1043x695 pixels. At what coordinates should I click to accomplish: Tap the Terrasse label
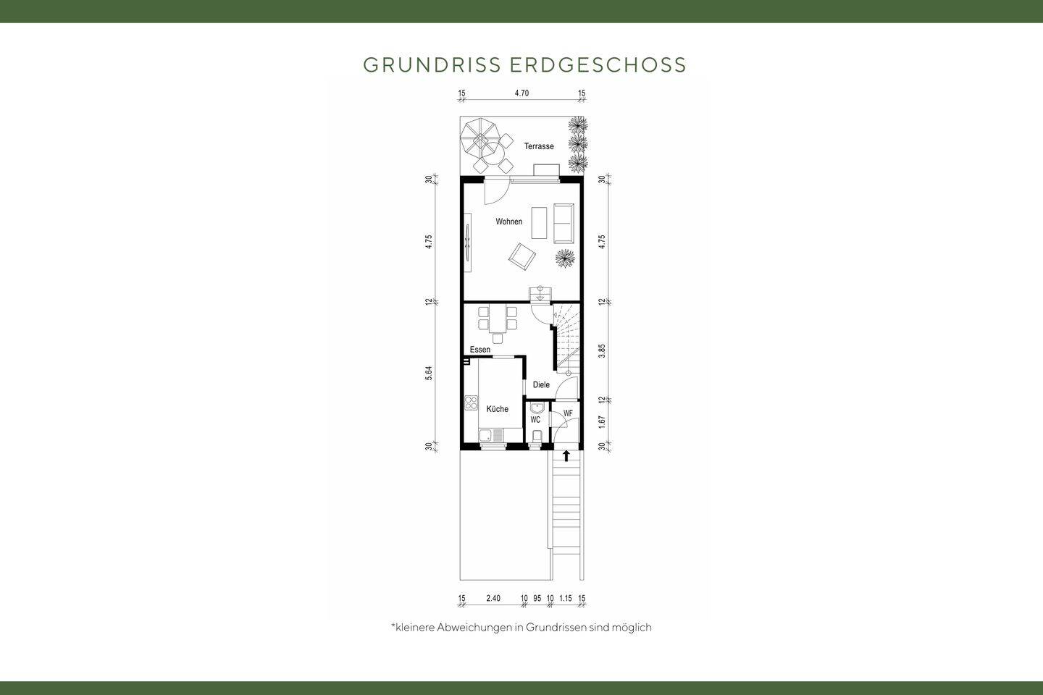tap(539, 146)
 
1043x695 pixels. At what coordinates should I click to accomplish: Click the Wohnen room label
tap(508, 222)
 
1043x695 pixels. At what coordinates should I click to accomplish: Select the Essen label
tap(479, 350)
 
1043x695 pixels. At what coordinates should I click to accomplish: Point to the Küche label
tap(497, 409)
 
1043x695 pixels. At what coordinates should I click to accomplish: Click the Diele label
tap(541, 385)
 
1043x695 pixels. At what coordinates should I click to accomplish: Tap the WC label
tap(535, 420)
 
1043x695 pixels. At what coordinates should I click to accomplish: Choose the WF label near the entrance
tap(568, 413)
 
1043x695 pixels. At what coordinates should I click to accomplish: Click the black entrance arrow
tap(566, 455)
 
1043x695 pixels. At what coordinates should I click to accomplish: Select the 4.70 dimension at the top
tap(521, 93)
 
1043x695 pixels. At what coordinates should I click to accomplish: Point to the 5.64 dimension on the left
tap(429, 373)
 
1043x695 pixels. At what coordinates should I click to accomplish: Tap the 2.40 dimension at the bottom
tap(493, 598)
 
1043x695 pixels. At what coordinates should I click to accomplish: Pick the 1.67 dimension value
tap(602, 422)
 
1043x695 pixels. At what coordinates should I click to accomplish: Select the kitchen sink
tap(498, 435)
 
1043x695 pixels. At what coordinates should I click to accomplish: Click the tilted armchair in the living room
tap(521, 255)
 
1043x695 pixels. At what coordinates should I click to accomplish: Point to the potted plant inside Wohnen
tap(565, 257)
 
